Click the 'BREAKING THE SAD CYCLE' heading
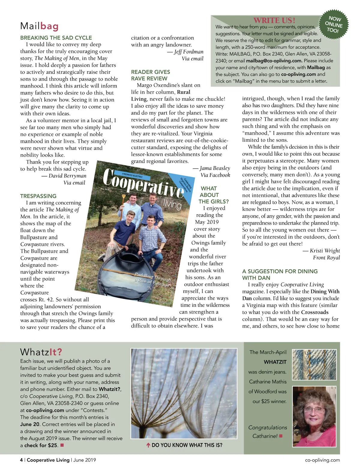click(x=56, y=38)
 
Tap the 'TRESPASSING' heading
click(x=38, y=196)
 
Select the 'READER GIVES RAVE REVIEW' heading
click(x=150, y=75)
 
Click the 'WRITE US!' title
click(x=274, y=20)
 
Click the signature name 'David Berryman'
click(x=67, y=176)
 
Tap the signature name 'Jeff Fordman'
click(x=189, y=52)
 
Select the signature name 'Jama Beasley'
click(x=215, y=168)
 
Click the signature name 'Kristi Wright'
click(x=325, y=251)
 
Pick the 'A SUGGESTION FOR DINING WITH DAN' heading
click(x=280, y=274)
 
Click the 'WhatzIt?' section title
click(x=41, y=352)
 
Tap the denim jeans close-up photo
click(x=314, y=365)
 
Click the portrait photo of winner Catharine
click(x=314, y=416)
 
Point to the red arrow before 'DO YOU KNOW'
click(x=148, y=445)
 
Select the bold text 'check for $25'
click(x=41, y=445)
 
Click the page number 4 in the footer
click(x=21, y=460)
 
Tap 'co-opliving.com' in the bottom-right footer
click(x=322, y=460)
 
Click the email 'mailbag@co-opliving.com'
click(x=274, y=61)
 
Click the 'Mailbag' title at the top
click(x=39, y=26)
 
